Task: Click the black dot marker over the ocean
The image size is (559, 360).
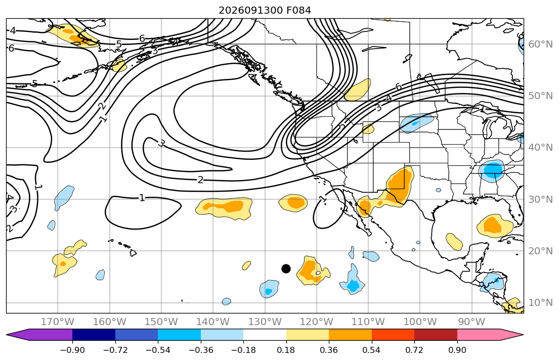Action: [x=286, y=269]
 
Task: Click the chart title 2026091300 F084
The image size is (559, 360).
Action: [x=265, y=10]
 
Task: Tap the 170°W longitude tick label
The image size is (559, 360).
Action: [x=58, y=322]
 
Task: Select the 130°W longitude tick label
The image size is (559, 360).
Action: [x=265, y=322]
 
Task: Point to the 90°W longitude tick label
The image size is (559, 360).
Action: [x=471, y=322]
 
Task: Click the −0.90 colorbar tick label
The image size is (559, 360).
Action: [x=72, y=350]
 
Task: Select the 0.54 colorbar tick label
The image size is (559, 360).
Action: [x=371, y=350]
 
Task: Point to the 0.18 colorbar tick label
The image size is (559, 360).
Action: [x=286, y=350]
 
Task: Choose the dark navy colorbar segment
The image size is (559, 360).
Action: [x=94, y=335]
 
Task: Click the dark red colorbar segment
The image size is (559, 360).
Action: [x=436, y=335]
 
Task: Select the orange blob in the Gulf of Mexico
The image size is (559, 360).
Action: [x=495, y=226]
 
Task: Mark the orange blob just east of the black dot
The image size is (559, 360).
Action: [x=313, y=271]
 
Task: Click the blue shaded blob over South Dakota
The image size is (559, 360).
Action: [x=417, y=123]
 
